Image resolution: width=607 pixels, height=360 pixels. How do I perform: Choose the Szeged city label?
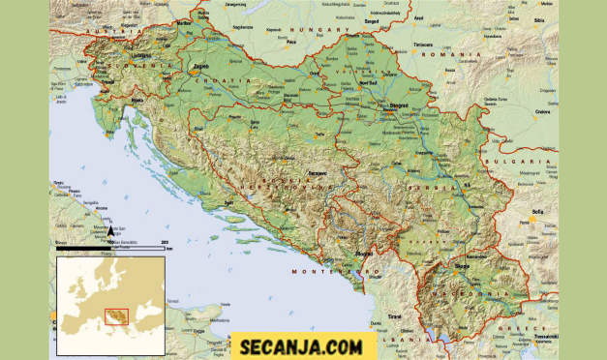(x=371, y=17)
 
